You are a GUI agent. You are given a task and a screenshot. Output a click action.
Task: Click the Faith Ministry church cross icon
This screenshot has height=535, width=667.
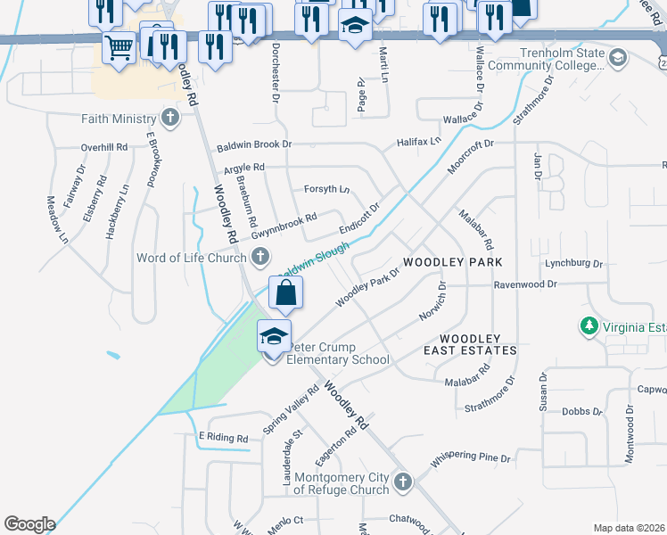click(170, 119)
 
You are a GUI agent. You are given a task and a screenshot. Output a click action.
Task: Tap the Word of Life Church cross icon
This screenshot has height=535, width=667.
click(259, 259)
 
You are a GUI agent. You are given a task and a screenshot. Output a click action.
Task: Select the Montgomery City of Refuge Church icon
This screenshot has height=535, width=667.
click(402, 482)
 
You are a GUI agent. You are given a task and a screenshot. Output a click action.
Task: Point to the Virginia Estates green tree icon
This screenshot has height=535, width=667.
click(589, 327)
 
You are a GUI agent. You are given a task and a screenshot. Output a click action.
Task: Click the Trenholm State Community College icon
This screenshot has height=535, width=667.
click(616, 58)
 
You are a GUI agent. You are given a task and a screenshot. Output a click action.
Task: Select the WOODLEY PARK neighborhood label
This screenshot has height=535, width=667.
click(453, 262)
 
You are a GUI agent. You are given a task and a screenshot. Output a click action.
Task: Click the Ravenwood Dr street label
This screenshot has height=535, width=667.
click(525, 284)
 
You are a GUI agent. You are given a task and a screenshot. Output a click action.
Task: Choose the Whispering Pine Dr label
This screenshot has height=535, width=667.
click(471, 459)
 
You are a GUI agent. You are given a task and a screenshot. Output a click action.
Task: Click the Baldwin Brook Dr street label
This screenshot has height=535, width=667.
click(254, 144)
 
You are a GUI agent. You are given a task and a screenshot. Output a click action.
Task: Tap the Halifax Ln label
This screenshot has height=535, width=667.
click(419, 142)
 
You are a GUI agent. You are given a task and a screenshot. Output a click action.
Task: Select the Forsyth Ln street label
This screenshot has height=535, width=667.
click(326, 189)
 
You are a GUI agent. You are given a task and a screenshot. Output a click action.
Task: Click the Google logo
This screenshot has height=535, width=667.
click(29, 524)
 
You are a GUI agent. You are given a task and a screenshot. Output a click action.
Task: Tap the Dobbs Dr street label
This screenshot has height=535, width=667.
click(582, 412)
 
